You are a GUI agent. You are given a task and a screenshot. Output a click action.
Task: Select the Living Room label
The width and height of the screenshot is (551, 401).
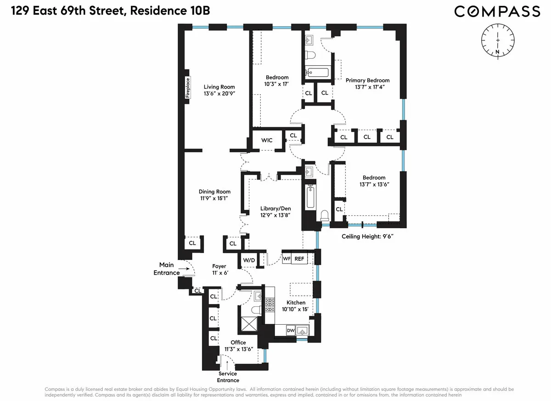(219, 90)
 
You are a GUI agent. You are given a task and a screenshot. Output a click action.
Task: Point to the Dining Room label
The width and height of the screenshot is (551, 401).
(214, 195)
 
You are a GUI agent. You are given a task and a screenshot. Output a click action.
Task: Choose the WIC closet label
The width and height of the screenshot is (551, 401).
(267, 140)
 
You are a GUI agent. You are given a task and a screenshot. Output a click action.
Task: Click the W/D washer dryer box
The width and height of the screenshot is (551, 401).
(249, 260)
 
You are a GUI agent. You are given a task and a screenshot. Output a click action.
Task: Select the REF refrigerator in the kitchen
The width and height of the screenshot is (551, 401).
(299, 259)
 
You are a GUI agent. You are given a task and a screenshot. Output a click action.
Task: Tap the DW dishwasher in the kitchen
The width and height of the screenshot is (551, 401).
(290, 330)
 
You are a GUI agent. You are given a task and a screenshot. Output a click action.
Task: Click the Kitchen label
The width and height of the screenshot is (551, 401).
(296, 306)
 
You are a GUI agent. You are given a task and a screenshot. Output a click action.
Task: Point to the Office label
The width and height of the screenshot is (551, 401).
(238, 345)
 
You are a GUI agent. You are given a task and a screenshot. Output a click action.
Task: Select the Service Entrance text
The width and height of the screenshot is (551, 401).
(228, 377)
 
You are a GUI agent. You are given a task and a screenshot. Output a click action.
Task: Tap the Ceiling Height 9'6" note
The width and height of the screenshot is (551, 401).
(368, 237)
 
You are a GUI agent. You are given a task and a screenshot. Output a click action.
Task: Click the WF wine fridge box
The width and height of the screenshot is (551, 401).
(286, 259)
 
